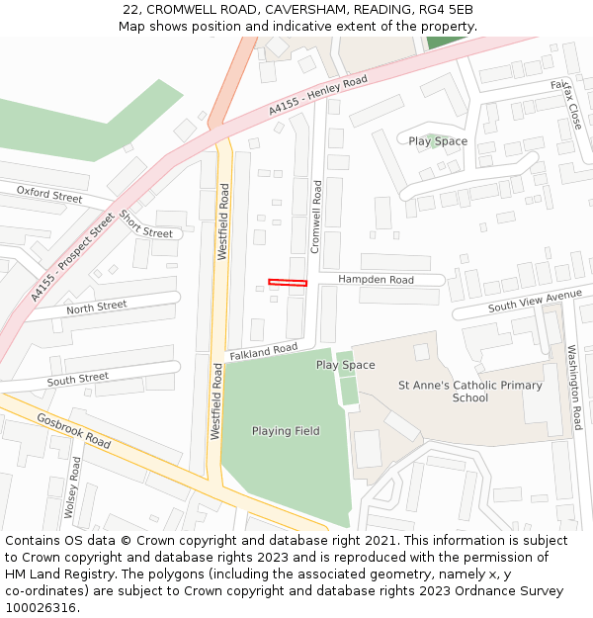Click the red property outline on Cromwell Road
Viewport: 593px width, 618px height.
coord(288,283)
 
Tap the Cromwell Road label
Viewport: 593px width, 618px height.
coord(316,217)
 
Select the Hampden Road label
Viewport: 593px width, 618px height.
coord(376,280)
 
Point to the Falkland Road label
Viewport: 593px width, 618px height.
coord(263,351)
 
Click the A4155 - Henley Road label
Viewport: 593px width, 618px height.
coord(317,95)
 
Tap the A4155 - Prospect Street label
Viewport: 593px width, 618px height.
coord(72,259)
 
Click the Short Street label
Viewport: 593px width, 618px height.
coord(145,224)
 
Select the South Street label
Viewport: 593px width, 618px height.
coord(78,379)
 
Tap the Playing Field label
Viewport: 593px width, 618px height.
coord(286,431)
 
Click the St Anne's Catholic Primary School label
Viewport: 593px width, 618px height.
coord(469,392)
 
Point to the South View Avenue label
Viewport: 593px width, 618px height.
coord(535,302)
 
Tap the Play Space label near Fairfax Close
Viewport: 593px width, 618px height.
coord(438,141)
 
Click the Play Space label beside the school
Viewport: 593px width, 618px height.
coord(345,365)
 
